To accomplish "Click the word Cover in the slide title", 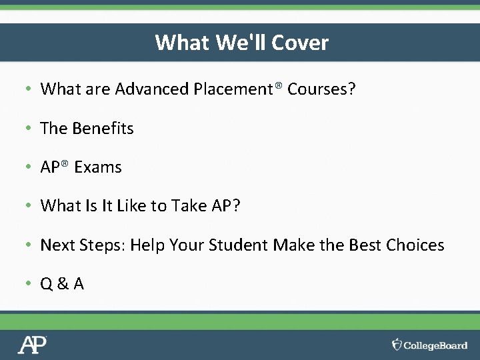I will [299, 43].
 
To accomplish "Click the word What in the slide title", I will [182, 43].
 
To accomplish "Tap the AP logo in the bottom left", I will [32, 345].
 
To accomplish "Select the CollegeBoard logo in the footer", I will [429, 345].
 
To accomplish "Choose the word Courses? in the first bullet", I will [321, 89].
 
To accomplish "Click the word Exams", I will [98, 167].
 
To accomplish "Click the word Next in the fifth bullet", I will [59, 245].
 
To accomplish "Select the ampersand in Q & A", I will [63, 284].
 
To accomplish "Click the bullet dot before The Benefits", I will [29, 129].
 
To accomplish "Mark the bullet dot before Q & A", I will [29, 284].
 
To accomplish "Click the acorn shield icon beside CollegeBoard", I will [397, 344].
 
